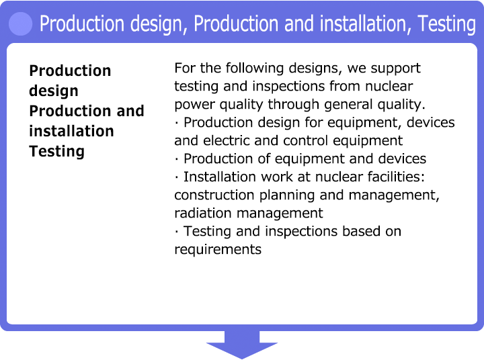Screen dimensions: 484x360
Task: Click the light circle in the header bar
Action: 21,24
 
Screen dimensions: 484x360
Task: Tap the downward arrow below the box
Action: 242,345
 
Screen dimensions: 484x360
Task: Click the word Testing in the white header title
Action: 446,24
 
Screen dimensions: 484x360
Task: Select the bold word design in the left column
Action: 54,91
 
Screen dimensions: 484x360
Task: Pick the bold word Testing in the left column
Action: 56,152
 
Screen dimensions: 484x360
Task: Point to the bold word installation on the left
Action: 72,131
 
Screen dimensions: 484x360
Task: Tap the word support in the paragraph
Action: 395,69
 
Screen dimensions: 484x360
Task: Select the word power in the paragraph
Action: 195,105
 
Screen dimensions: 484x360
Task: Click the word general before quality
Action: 348,105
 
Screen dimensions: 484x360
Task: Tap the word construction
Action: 214,195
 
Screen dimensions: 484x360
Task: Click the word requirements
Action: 218,250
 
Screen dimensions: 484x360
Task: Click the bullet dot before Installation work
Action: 177,177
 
